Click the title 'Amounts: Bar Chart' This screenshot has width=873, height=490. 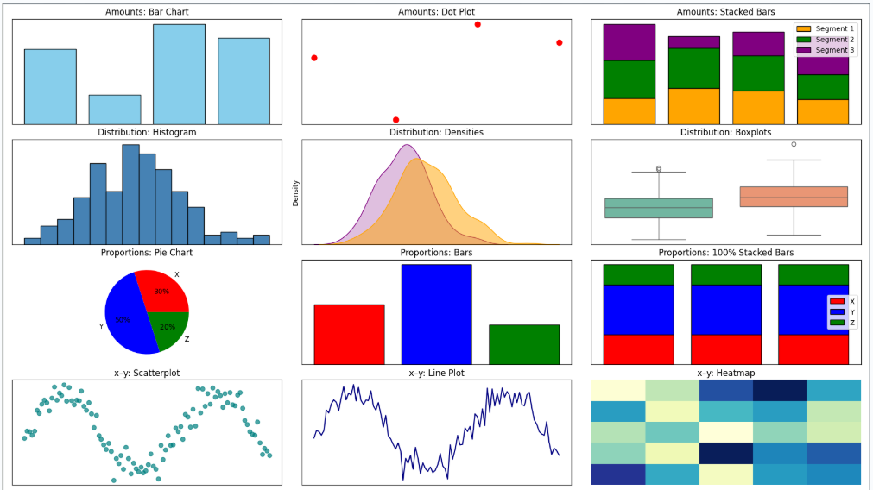[147, 12]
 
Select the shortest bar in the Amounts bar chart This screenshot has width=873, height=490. [115, 110]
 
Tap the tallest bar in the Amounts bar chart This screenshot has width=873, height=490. [179, 74]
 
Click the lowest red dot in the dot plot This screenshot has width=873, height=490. [395, 120]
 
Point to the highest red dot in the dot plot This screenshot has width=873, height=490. [478, 24]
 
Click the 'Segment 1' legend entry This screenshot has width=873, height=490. [834, 29]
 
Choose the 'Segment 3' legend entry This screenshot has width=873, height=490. [834, 50]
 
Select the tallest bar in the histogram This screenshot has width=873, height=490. [130, 194]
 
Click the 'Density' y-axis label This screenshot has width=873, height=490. [296, 192]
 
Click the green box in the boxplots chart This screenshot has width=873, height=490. [659, 208]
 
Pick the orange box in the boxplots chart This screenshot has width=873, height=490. [794, 197]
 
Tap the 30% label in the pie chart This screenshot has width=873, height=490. [161, 292]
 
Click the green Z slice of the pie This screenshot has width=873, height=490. [169, 328]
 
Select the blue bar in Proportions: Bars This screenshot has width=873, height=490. [436, 314]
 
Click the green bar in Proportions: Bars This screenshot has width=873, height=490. [523, 344]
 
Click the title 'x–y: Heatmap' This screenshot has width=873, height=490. [725, 373]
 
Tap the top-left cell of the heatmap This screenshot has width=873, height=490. [617, 390]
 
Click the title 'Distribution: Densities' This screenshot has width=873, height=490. [436, 132]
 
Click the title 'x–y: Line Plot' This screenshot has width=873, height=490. [436, 373]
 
